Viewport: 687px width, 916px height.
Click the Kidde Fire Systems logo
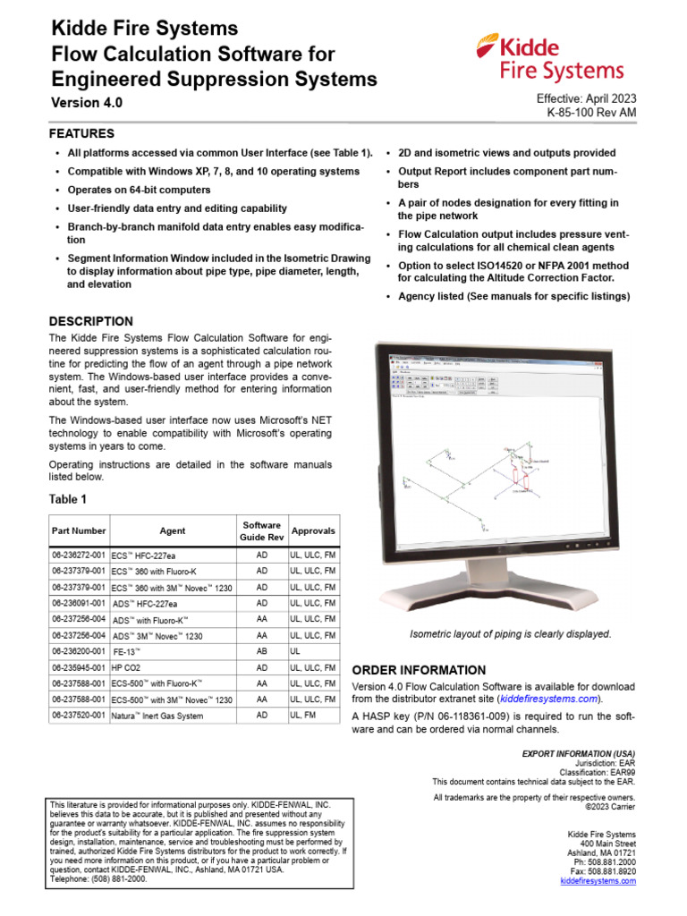point(550,58)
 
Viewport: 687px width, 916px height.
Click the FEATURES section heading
point(81,133)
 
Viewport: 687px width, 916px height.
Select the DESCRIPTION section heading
point(90,321)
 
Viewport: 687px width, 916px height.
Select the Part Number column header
point(78,530)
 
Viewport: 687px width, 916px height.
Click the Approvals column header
point(313,530)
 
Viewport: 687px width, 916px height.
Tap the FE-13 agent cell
point(126,651)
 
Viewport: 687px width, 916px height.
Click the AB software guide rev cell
point(262,651)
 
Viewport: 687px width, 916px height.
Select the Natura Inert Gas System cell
point(157,716)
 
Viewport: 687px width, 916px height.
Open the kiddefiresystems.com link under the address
point(598,881)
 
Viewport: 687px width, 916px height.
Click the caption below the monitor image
point(510,634)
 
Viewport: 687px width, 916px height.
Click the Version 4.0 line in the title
point(85,103)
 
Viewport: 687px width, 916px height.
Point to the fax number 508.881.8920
point(603,870)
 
